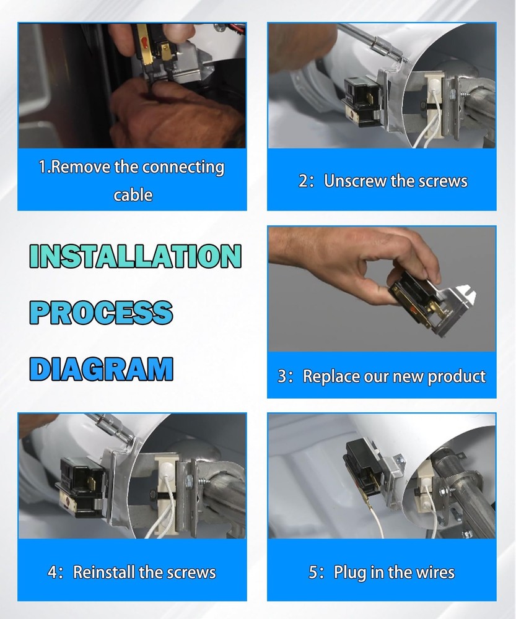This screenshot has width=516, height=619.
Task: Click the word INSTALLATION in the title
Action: [x=135, y=256]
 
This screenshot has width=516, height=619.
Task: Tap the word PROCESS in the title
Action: [x=101, y=312]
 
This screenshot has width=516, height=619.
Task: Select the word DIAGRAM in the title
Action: [x=101, y=369]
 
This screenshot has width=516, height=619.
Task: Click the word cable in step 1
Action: [x=133, y=195]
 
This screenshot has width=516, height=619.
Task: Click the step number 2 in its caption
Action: [x=304, y=181]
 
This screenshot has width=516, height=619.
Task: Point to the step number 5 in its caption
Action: [x=313, y=573]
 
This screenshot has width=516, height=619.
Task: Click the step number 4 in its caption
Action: [x=53, y=573]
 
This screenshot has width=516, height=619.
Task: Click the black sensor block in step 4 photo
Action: [x=80, y=488]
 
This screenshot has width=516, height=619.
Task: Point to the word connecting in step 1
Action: [x=183, y=168]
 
